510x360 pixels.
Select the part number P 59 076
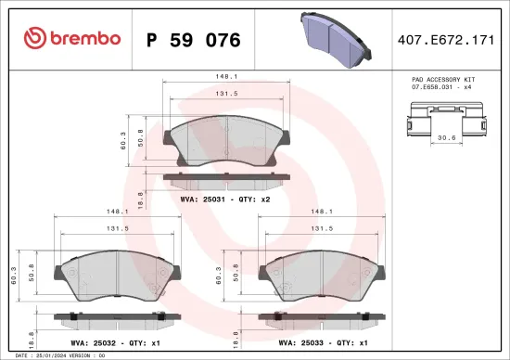[x=194, y=40]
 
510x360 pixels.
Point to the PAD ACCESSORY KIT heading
[x=443, y=82]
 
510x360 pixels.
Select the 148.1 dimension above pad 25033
[x=322, y=212]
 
